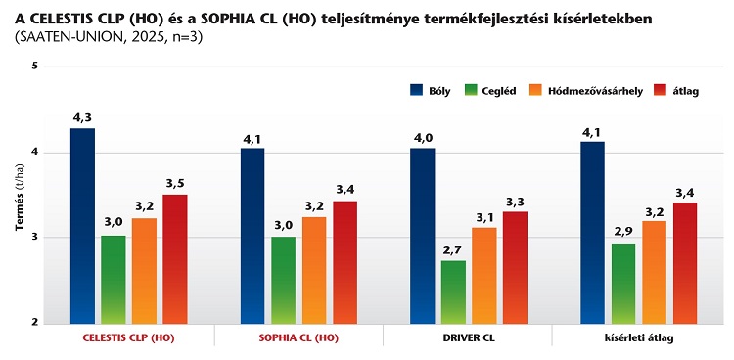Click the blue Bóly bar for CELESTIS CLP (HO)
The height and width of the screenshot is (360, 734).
[x=82, y=225]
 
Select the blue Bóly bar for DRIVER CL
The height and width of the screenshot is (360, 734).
[x=422, y=235]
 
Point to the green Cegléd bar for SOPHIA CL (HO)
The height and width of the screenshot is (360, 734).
[x=283, y=280]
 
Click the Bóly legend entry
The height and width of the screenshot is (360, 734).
[x=432, y=90]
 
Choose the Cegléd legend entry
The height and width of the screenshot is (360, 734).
[x=495, y=90]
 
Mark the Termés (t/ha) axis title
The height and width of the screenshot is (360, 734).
[x=19, y=196]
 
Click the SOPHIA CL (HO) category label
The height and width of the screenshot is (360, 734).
[x=298, y=337]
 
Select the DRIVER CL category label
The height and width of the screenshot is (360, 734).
[x=468, y=337]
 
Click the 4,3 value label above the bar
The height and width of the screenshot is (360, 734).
[x=82, y=118]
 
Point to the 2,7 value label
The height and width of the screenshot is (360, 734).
[x=453, y=250]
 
